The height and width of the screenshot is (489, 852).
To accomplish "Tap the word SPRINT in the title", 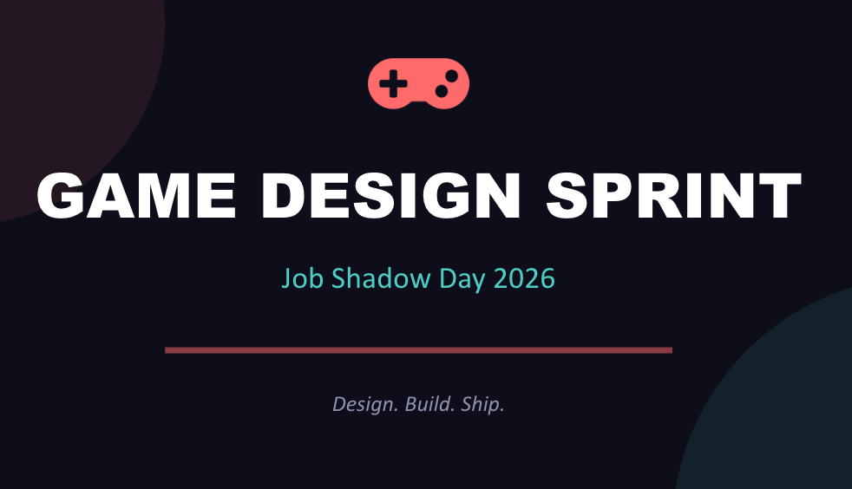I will (673, 197).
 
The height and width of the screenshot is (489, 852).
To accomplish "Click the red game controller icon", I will (418, 84).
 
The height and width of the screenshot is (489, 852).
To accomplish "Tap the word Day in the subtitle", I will (464, 279).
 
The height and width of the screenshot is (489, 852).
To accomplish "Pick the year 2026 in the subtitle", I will (524, 279).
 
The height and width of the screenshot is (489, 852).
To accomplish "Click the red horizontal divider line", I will (418, 350).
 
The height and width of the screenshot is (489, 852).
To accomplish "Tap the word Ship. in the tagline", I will (482, 404).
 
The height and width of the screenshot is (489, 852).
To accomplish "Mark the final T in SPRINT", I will (777, 197).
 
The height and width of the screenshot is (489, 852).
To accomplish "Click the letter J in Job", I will (286, 279).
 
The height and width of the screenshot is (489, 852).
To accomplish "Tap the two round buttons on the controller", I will (445, 83).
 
